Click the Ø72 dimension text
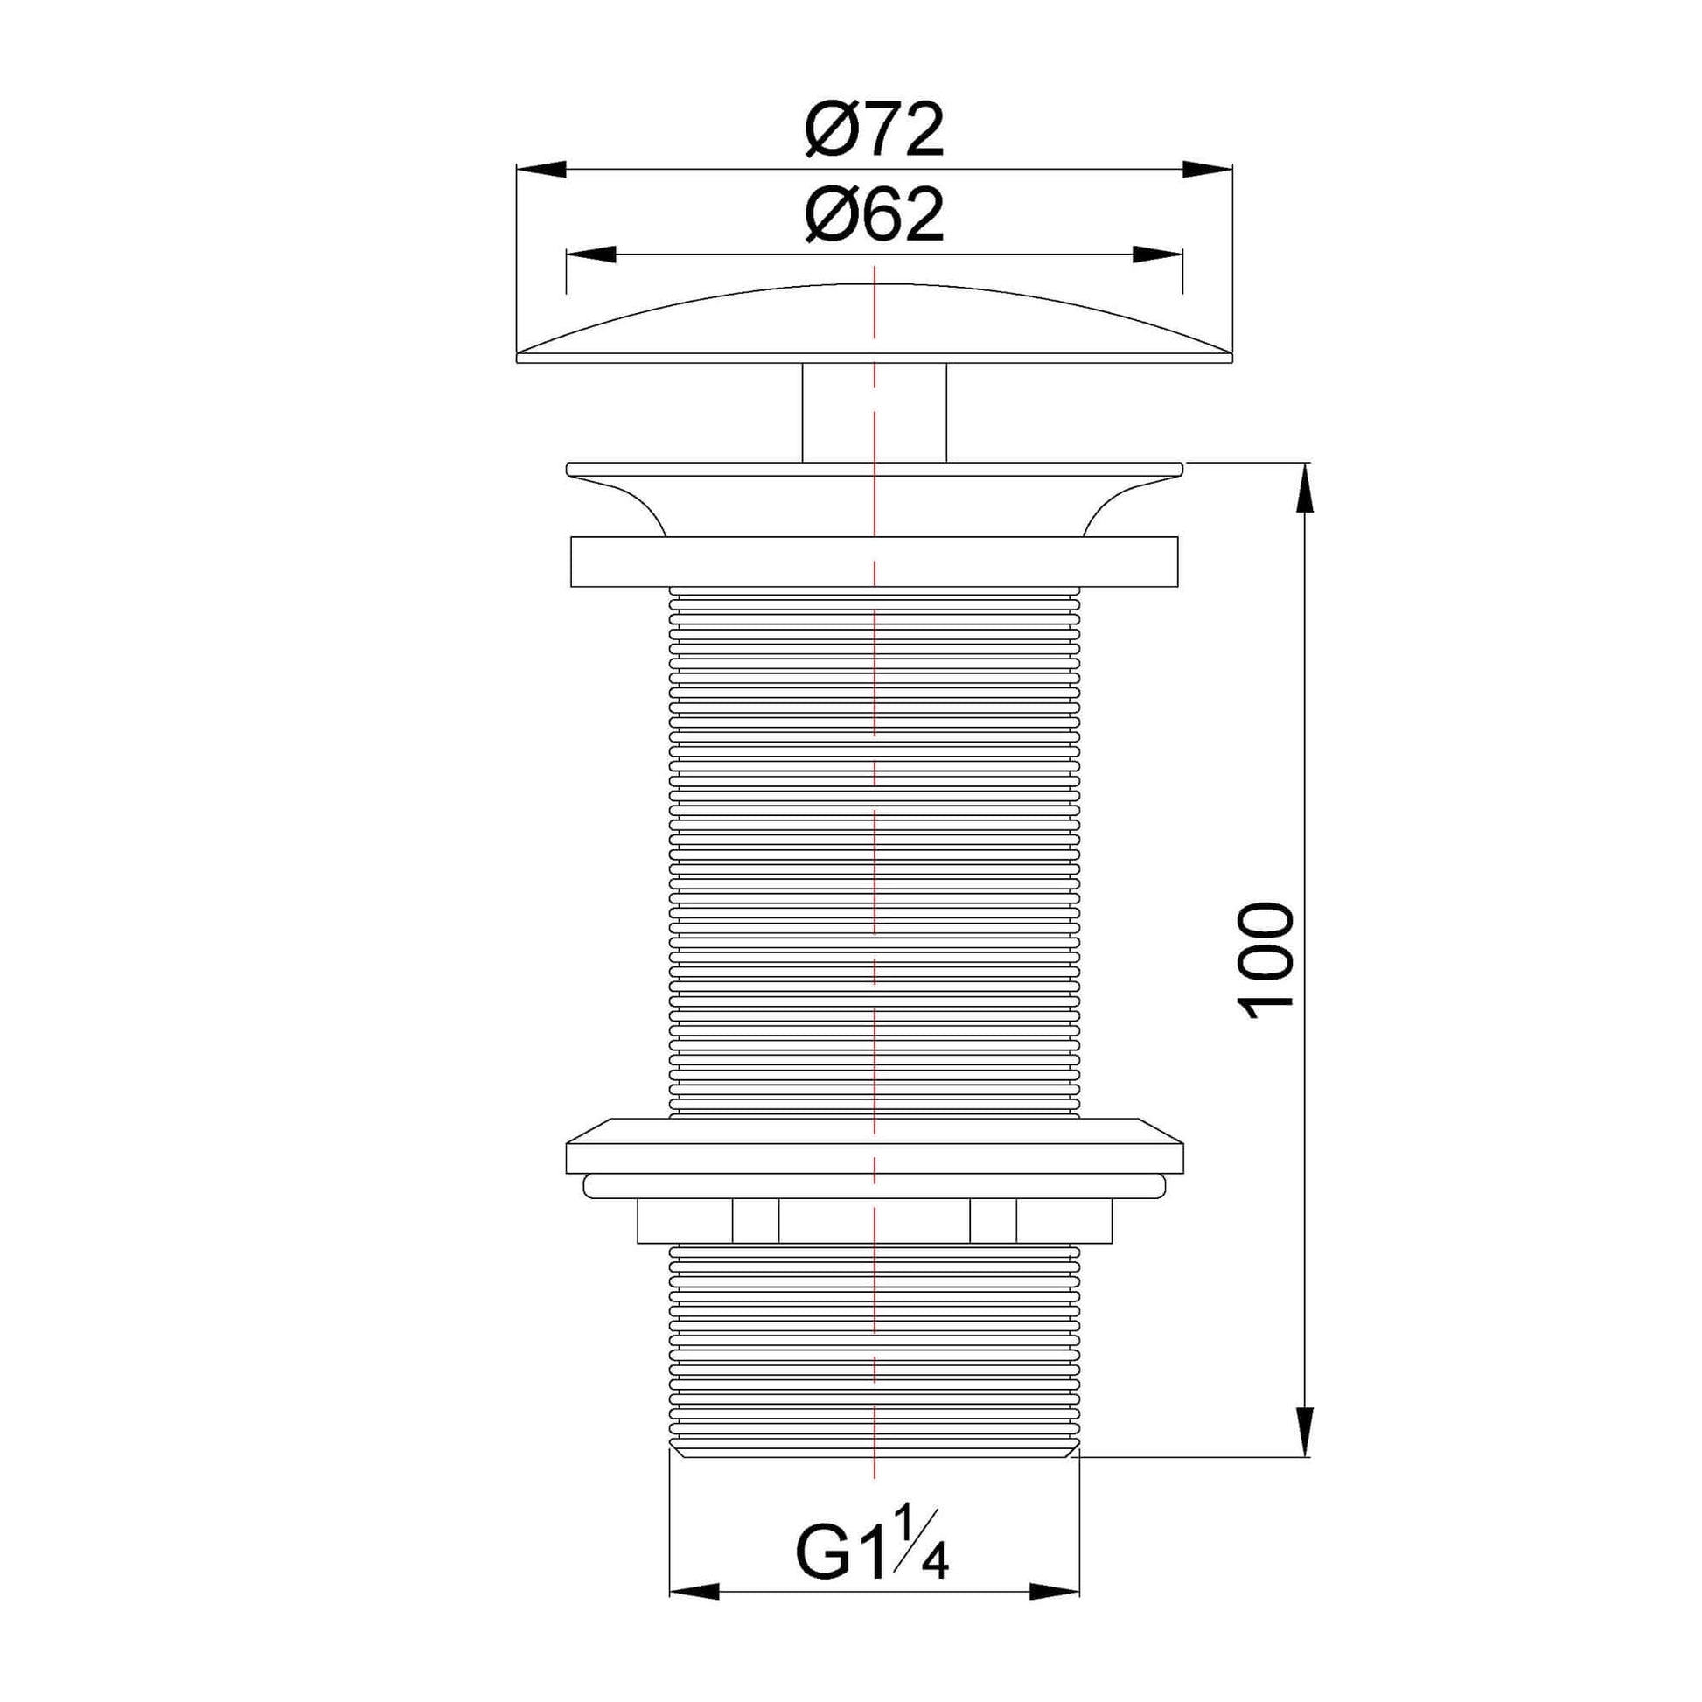click(874, 130)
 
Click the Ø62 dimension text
click(874, 215)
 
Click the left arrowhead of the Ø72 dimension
click(540, 169)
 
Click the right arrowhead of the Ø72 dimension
click(1207, 169)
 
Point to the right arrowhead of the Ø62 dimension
click(1158, 255)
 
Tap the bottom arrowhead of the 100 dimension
click(1304, 1433)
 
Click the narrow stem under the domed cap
click(874, 411)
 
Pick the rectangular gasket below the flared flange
click(874, 562)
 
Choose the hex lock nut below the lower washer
click(874, 1220)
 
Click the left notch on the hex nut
click(755, 1220)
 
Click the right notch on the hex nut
click(993, 1220)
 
